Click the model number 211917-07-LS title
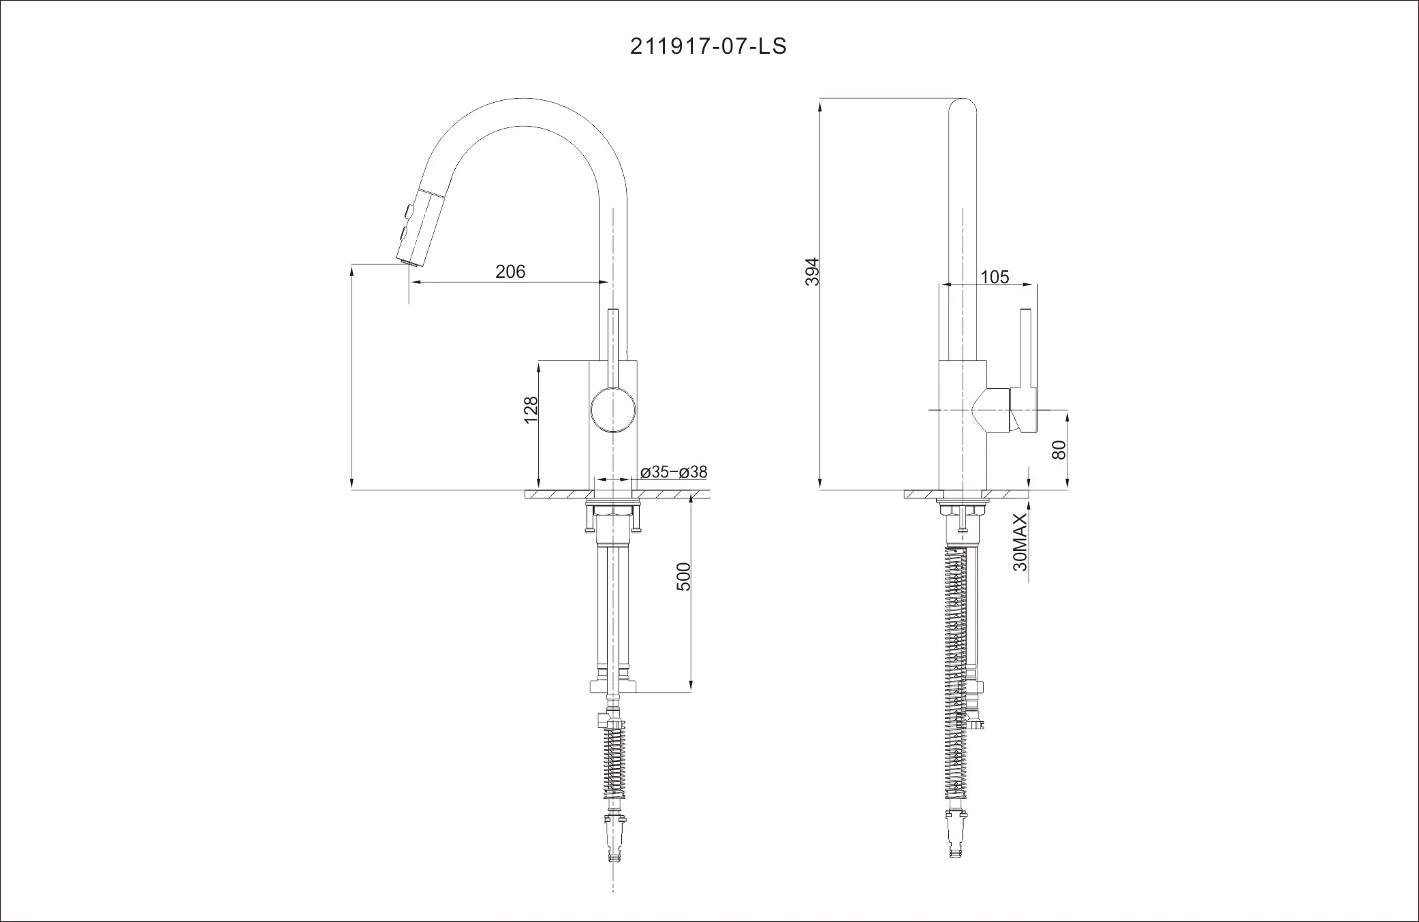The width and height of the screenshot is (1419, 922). [708, 46]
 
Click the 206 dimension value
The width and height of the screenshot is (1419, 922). [510, 272]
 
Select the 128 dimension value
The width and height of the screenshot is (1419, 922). [531, 410]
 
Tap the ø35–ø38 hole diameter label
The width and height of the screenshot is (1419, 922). [674, 472]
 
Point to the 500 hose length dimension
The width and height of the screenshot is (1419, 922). [683, 576]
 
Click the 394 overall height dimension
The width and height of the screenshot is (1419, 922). [812, 272]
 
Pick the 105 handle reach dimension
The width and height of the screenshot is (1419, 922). [995, 276]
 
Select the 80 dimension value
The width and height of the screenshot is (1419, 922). [1059, 449]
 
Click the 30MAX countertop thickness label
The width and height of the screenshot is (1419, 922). [1020, 543]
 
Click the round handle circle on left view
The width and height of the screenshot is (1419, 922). [614, 409]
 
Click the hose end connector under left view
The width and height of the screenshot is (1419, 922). [615, 839]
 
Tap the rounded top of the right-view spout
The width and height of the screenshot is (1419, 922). [962, 109]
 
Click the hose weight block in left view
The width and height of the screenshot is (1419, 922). [613, 687]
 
